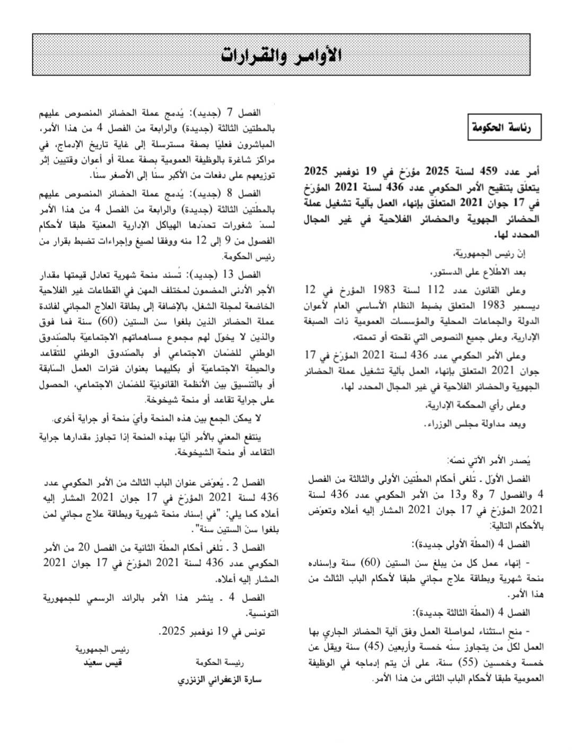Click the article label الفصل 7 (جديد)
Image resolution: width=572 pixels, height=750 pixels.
click(234, 113)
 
